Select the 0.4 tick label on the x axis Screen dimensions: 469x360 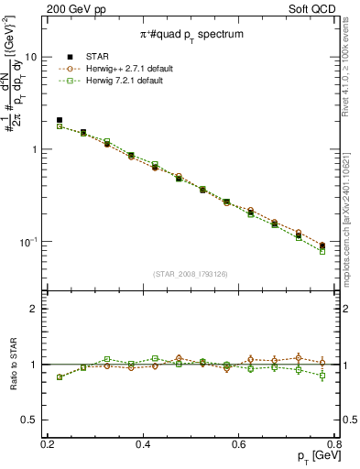tap(143, 444)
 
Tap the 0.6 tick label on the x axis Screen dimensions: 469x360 tap(239, 444)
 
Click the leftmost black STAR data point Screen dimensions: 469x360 tap(60, 120)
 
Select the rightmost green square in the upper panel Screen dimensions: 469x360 tap(322, 251)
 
